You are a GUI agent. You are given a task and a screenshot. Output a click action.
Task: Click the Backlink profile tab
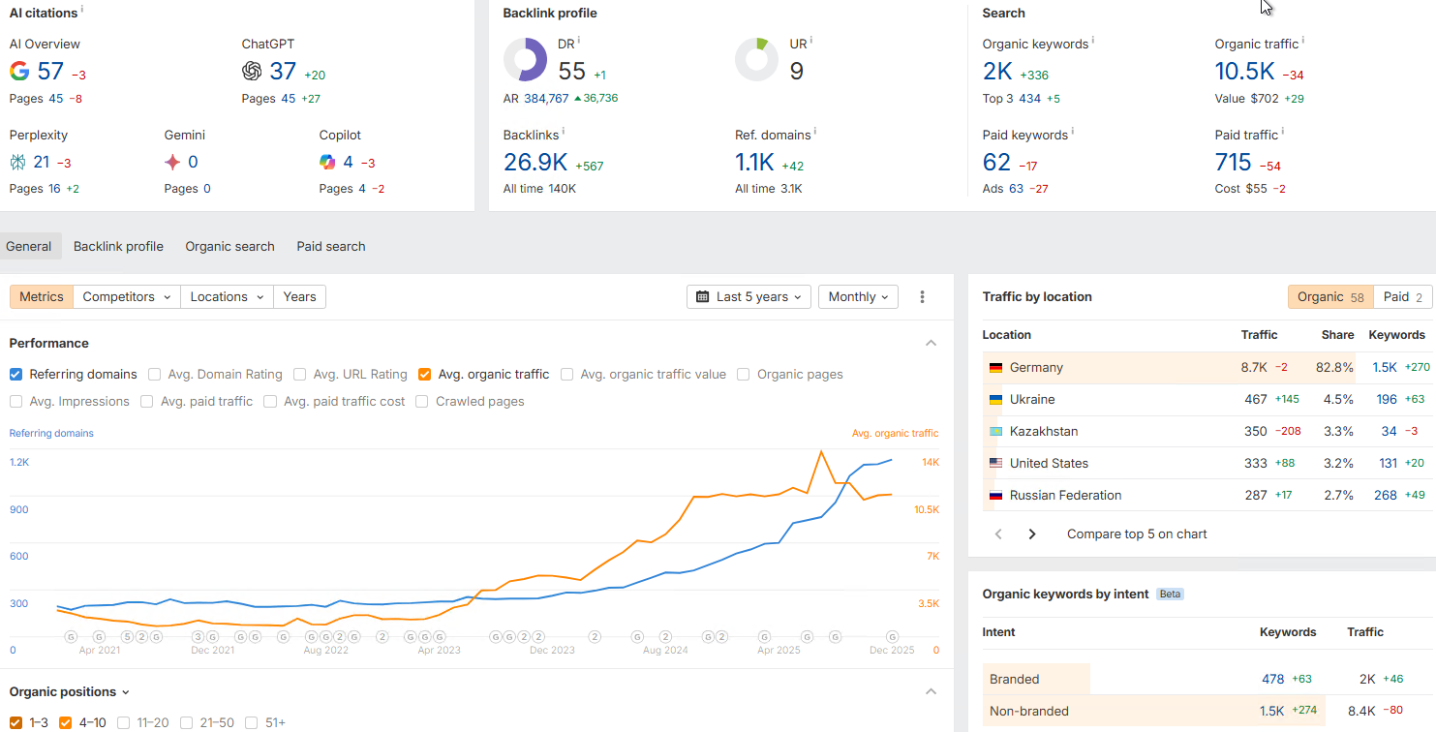tap(118, 246)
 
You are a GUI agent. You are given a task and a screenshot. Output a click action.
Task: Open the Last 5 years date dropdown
tap(750, 297)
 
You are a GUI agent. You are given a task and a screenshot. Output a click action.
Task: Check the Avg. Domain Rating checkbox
tap(155, 375)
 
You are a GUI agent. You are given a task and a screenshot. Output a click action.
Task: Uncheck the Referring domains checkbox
tap(16, 375)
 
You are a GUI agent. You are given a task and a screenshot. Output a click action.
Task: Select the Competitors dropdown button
tap(127, 297)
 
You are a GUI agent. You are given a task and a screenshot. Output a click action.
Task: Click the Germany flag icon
tap(995, 368)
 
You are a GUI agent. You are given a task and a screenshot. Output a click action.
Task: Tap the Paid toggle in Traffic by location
tap(1403, 297)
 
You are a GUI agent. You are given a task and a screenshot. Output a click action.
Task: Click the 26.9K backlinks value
tap(535, 163)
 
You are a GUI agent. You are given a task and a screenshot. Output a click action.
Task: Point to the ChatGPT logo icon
tap(252, 71)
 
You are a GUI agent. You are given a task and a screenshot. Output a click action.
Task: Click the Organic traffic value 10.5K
tap(1244, 72)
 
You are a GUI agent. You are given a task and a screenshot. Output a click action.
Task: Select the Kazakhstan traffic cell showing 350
tap(1256, 432)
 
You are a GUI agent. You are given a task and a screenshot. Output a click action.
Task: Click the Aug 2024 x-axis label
tap(665, 651)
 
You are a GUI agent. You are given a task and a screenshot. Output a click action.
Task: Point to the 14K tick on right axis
tap(930, 463)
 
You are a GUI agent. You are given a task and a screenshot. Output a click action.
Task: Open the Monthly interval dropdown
tap(858, 297)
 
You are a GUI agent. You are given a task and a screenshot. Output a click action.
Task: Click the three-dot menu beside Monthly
tap(923, 297)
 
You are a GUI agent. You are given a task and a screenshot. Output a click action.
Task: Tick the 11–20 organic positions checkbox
tap(124, 722)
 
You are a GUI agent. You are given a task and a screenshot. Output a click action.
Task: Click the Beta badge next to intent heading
tap(1170, 595)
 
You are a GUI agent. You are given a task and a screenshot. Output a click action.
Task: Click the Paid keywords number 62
tap(996, 163)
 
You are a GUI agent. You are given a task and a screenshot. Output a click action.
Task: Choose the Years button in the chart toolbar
tap(299, 297)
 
